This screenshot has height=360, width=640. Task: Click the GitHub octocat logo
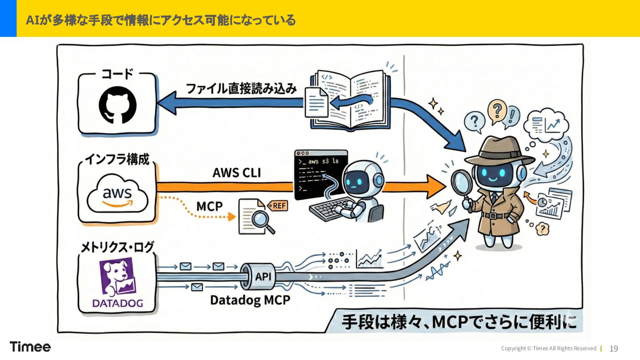pyautogui.click(x=117, y=105)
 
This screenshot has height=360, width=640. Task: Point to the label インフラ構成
pyautogui.click(x=118, y=159)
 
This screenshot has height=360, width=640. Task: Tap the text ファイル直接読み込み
pyautogui.click(x=241, y=88)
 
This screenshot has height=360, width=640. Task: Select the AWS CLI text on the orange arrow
pyautogui.click(x=236, y=173)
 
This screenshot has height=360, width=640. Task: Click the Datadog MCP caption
pyautogui.click(x=250, y=300)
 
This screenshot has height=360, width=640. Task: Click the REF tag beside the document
pyautogui.click(x=278, y=205)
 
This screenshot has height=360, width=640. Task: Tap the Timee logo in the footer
pyautogui.click(x=30, y=347)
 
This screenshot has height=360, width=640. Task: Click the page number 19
pyautogui.click(x=614, y=348)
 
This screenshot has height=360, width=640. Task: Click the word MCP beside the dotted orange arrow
pyautogui.click(x=209, y=207)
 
